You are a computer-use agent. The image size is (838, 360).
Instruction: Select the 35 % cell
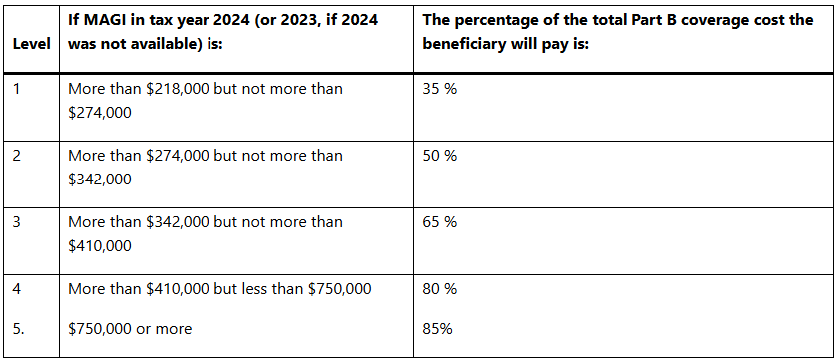[440, 89]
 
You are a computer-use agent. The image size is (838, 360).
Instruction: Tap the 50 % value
[440, 156]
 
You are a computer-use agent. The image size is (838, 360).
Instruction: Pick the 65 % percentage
[440, 222]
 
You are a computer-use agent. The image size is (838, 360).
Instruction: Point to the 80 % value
[440, 289]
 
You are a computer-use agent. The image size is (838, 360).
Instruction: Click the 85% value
[438, 328]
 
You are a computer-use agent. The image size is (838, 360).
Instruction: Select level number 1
[16, 89]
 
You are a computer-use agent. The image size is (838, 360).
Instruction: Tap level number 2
[16, 156]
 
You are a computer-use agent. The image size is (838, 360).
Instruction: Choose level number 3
[16, 222]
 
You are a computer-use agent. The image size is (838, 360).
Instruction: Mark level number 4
[16, 289]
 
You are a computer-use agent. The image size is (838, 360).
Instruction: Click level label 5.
[18, 328]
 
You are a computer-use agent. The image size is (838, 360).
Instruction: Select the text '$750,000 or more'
[130, 328]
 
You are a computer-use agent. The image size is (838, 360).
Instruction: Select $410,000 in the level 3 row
[100, 245]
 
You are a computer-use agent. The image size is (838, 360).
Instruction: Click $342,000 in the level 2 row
[100, 180]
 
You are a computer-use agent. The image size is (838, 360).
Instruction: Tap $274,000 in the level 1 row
[100, 113]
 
